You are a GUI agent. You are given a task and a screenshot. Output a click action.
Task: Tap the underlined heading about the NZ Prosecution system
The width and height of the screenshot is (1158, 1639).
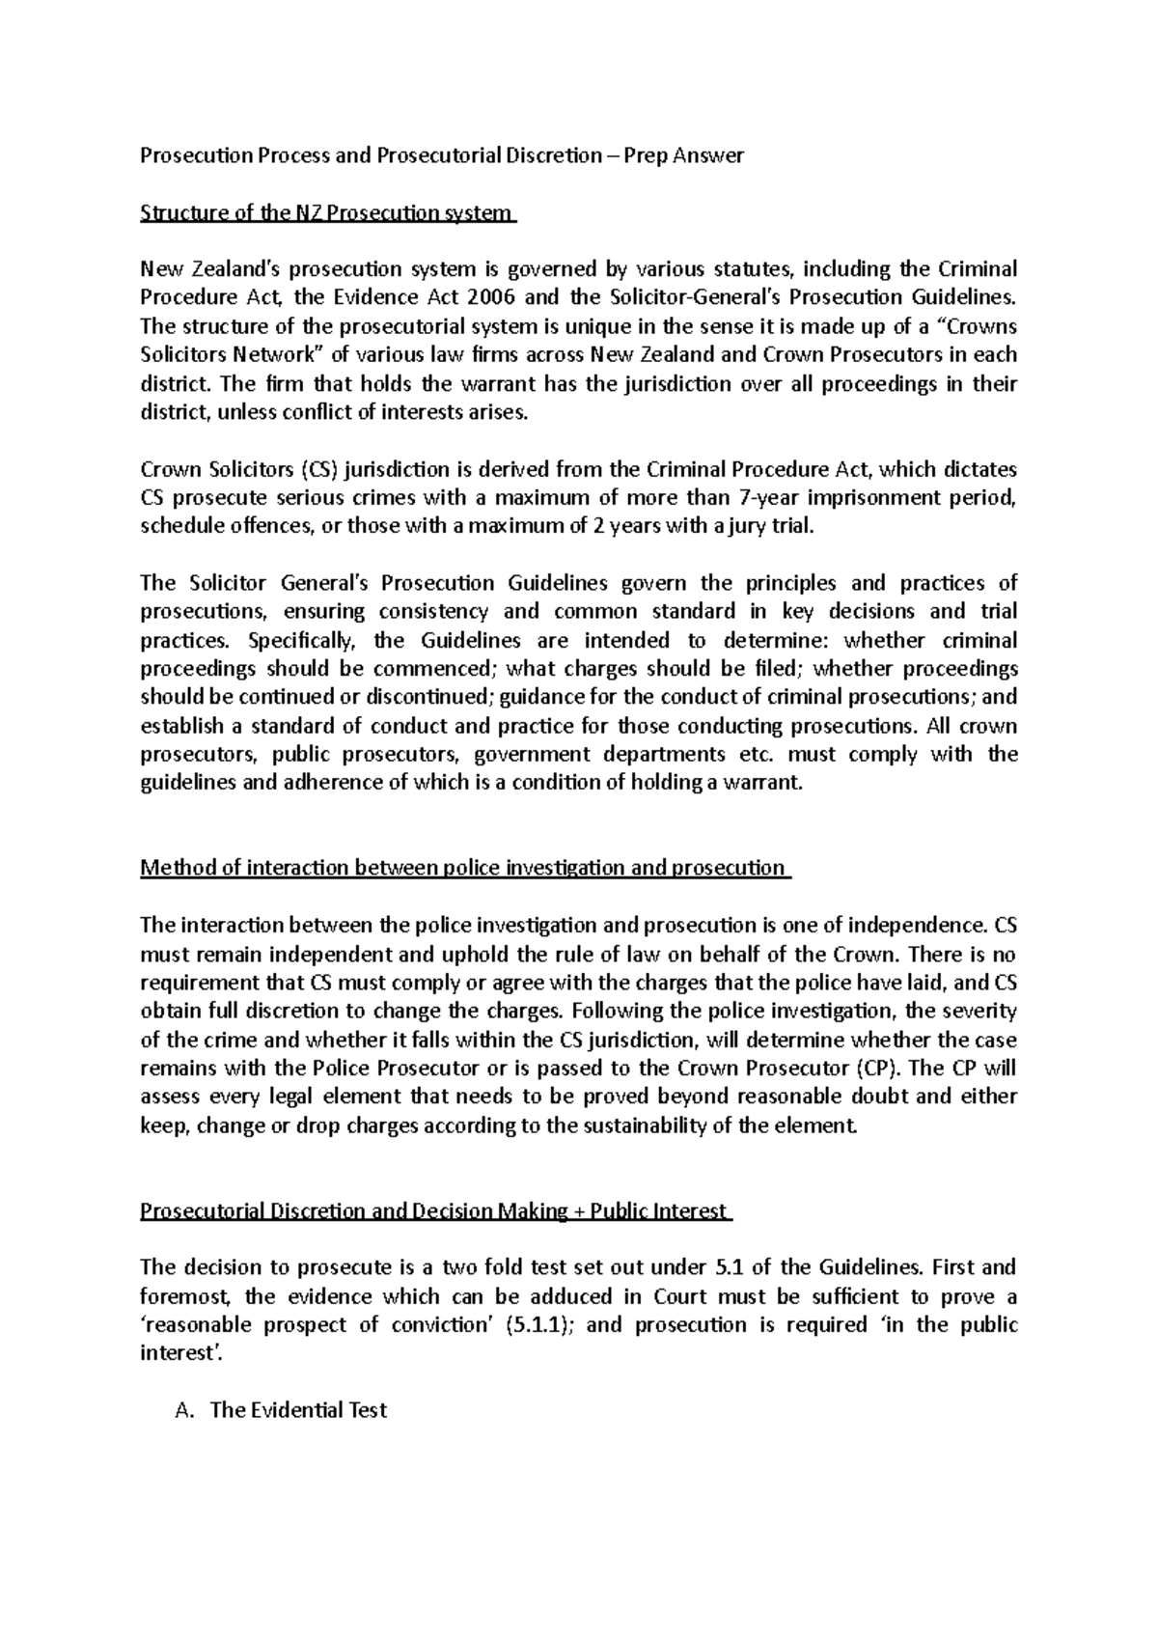pos(328,213)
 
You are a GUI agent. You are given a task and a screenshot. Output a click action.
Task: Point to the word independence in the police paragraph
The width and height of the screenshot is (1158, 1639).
pos(921,925)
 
